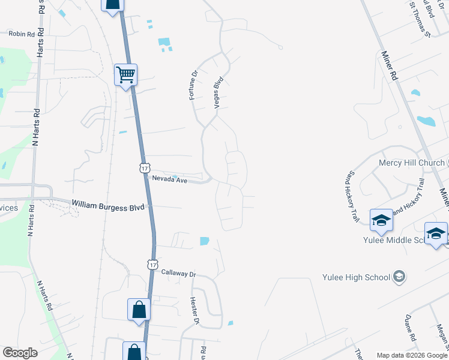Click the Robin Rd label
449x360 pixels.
coord(22,34)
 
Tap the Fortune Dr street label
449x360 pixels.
coord(194,85)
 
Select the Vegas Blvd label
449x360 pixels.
coord(219,92)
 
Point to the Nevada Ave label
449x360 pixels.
coord(170,179)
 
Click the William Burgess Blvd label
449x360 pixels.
coord(108,205)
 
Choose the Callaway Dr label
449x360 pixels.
coord(179,273)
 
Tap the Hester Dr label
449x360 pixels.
coord(194,311)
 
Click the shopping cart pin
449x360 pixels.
coord(126,76)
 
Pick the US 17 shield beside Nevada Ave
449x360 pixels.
coord(145,167)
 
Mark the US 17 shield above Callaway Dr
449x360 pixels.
coord(153,264)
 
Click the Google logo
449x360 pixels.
coord(20,353)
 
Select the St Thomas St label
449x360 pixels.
coord(420,19)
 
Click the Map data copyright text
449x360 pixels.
coord(412,355)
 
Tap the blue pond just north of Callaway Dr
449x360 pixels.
coord(204,241)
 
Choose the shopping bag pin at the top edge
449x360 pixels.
coord(113,5)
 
